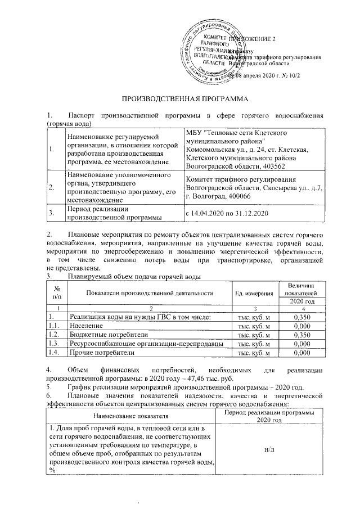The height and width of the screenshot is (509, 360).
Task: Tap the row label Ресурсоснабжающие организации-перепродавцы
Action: (x=145, y=344)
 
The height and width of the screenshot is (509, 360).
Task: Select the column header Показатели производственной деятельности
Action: (x=150, y=292)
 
